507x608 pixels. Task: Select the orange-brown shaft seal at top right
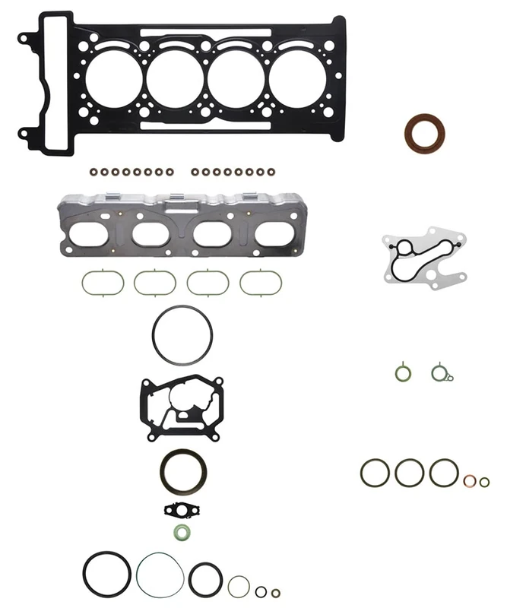tap(424, 133)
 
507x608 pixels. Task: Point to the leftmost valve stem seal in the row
tap(95, 173)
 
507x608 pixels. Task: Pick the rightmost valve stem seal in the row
tap(270, 173)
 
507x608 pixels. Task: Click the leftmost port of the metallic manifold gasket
tap(90, 233)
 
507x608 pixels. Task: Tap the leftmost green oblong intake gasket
tap(103, 283)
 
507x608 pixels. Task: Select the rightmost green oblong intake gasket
tap(261, 283)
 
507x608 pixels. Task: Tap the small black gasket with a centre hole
tap(182, 509)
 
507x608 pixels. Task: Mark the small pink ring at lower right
tap(471, 481)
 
